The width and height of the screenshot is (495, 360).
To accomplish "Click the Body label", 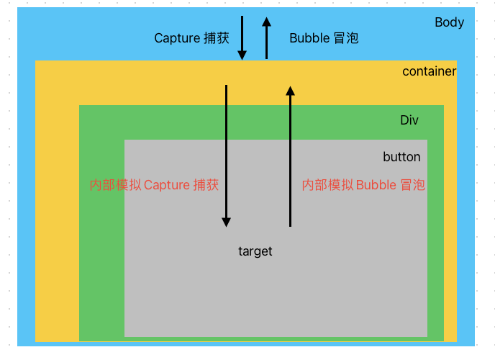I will pyautogui.click(x=449, y=22).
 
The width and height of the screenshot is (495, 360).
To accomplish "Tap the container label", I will pyautogui.click(x=429, y=71).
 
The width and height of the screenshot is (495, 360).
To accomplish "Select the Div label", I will pyautogui.click(x=409, y=120).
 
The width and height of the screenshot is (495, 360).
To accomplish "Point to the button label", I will pyautogui.click(x=401, y=157).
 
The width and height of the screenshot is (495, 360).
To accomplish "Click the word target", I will pyautogui.click(x=255, y=251).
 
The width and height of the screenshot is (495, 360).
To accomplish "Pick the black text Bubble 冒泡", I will pyautogui.click(x=324, y=38).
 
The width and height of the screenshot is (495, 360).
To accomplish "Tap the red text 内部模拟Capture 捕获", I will pyautogui.click(x=154, y=185).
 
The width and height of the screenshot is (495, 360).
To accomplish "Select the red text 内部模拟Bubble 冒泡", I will pyautogui.click(x=363, y=185).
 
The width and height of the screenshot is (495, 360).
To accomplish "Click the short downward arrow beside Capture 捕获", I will pyautogui.click(x=242, y=36).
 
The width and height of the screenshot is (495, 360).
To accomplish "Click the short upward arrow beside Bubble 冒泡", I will pyautogui.click(x=266, y=37).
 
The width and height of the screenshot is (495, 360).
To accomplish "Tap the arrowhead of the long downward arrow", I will pyautogui.click(x=226, y=222).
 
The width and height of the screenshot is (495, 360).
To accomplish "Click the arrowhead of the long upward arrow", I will pyautogui.click(x=290, y=91).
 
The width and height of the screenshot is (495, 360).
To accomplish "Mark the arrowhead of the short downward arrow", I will pyautogui.click(x=242, y=54).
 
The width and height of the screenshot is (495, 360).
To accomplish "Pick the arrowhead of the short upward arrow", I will pyautogui.click(x=266, y=22).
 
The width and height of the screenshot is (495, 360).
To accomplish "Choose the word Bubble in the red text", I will pyautogui.click(x=376, y=185).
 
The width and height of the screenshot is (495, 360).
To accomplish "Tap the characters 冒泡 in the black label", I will pyautogui.click(x=346, y=38).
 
